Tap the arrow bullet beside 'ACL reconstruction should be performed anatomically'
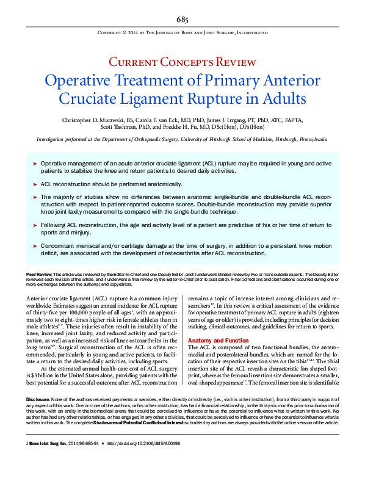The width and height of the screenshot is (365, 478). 35,184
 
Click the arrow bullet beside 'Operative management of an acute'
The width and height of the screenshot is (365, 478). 35,165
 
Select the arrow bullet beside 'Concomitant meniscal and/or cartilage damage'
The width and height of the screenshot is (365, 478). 35,245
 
